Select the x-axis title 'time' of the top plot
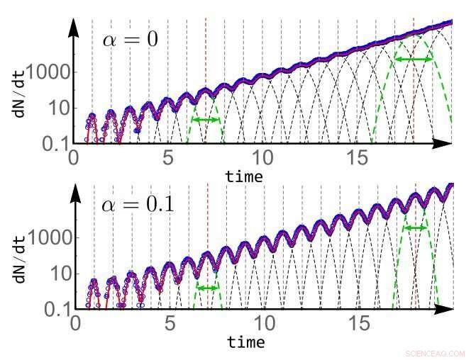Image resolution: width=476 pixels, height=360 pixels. [x=243, y=175]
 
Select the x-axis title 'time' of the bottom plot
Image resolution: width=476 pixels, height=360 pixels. [x=245, y=342]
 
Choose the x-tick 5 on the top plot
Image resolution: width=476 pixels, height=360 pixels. [x=168, y=157]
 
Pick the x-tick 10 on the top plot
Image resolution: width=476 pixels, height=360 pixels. [x=262, y=157]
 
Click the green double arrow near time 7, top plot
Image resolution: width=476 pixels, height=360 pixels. [x=206, y=120]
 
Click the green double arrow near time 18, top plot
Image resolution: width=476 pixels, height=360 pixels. [x=414, y=60]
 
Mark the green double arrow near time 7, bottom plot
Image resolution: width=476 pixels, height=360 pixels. [x=208, y=288]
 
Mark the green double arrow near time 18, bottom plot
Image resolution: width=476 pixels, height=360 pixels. [x=415, y=228]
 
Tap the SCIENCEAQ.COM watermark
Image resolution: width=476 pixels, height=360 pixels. [x=434, y=353]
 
